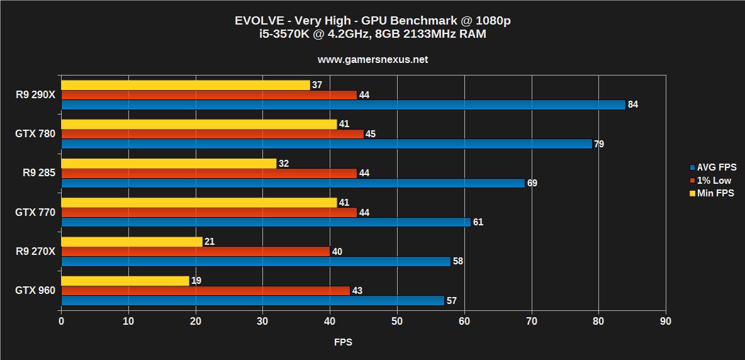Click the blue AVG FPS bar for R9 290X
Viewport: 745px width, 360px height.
click(x=343, y=104)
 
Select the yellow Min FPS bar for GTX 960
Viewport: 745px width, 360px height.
click(x=125, y=281)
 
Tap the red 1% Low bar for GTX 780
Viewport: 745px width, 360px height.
click(x=212, y=134)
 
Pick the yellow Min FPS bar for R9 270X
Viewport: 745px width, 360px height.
click(x=132, y=242)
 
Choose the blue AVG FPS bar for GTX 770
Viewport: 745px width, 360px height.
click(x=266, y=222)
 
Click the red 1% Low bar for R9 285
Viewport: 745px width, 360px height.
click(x=209, y=173)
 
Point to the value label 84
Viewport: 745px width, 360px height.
click(x=633, y=104)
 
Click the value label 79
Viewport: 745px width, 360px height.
click(x=599, y=144)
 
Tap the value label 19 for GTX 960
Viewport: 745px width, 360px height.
click(x=196, y=281)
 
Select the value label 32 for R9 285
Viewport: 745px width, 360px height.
click(x=284, y=163)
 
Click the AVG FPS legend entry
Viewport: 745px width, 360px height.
click(x=712, y=167)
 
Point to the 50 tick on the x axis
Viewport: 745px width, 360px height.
click(x=396, y=322)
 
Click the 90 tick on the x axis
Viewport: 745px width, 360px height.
click(x=665, y=322)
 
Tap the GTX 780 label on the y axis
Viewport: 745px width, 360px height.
click(x=35, y=134)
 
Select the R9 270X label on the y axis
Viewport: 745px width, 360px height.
click(x=35, y=252)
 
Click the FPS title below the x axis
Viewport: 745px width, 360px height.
click(x=343, y=342)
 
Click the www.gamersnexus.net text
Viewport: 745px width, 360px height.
click(x=373, y=60)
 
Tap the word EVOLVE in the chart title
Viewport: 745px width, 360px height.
click(x=256, y=21)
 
